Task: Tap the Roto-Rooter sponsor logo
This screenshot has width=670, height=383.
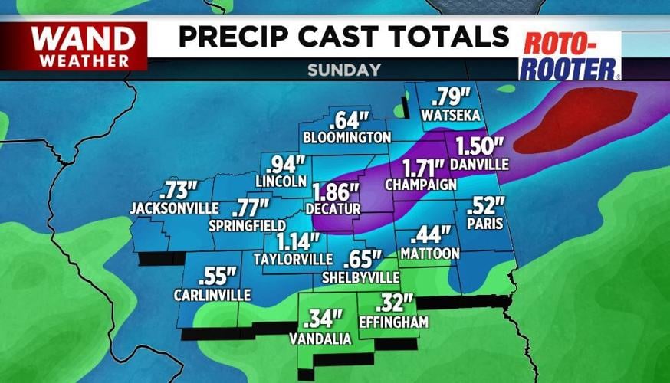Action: click(570, 56)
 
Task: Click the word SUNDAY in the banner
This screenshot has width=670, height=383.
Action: click(344, 70)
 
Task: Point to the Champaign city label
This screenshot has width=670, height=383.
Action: click(421, 185)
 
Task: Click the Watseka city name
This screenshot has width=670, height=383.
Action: click(451, 115)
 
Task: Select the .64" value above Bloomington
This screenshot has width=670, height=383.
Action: click(349, 120)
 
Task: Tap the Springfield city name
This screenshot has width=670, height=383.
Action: click(248, 225)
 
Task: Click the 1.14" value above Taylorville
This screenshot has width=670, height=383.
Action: click(298, 242)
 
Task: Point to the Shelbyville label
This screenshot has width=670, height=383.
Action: click(361, 277)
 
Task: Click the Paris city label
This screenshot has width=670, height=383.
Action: click(488, 224)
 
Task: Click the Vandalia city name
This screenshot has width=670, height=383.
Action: click(320, 339)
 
